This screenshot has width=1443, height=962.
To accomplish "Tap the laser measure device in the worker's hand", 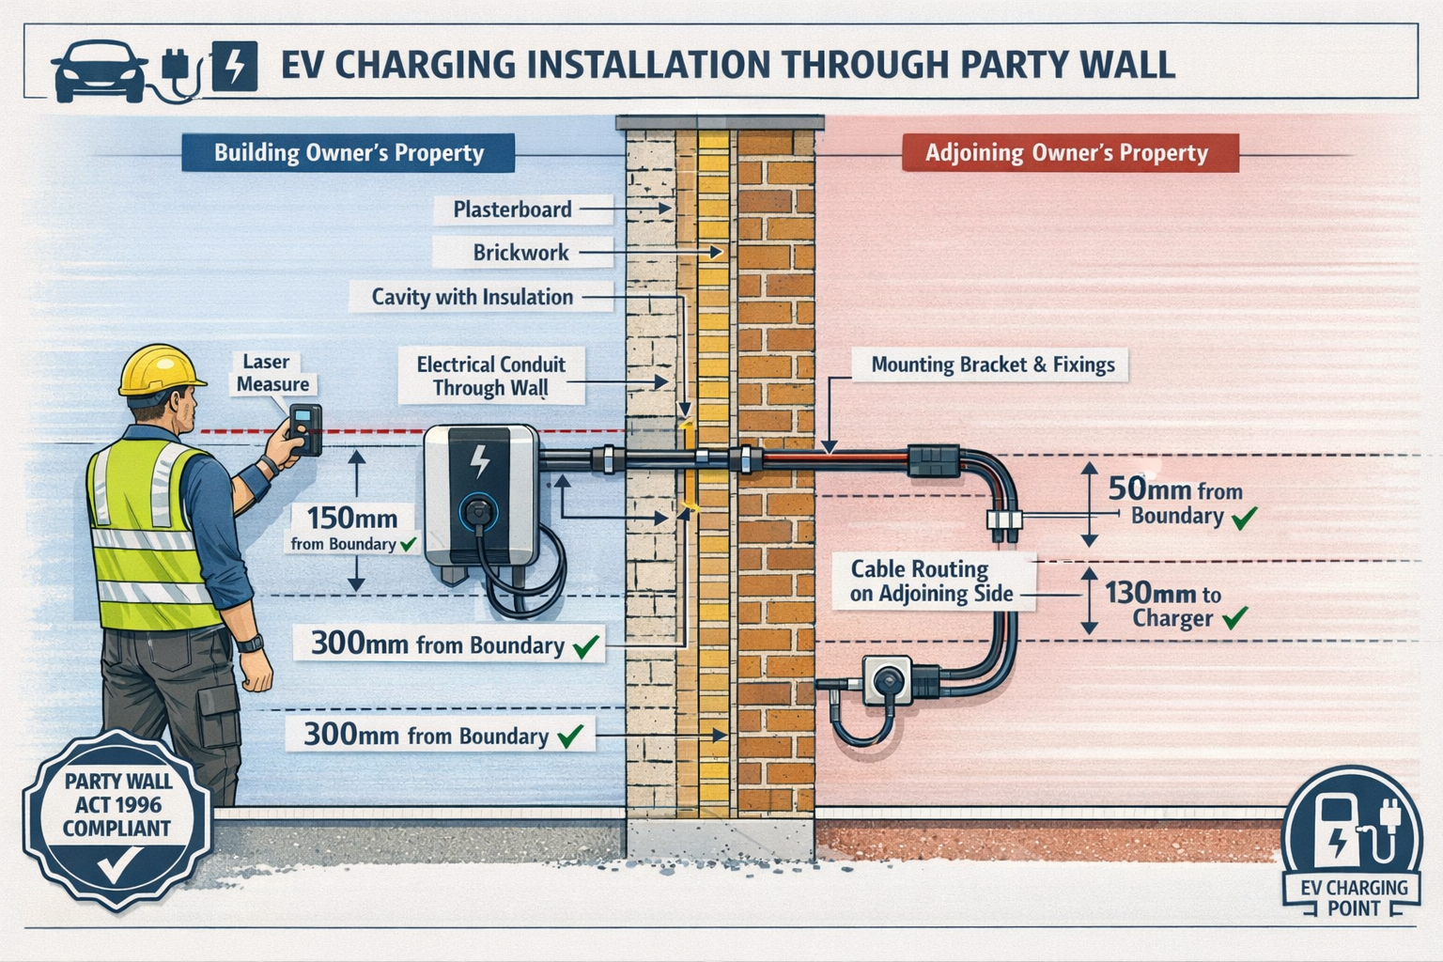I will (x=305, y=429).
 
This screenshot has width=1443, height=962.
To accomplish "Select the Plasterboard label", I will (x=512, y=209).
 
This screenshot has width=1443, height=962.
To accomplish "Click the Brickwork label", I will (x=520, y=253).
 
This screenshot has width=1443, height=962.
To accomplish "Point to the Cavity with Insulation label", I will (x=472, y=297).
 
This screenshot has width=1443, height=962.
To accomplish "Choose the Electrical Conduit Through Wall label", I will (x=490, y=376).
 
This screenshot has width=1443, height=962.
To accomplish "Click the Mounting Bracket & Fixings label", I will (x=992, y=365).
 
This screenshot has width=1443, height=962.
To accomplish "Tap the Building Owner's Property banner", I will (x=349, y=153).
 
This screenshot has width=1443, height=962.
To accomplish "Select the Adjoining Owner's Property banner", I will (x=1066, y=153).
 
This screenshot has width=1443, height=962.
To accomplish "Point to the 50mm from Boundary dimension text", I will (x=1176, y=502).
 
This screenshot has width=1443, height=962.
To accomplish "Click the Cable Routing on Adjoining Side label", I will (x=931, y=582).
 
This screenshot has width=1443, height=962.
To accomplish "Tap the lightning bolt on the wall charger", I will (x=479, y=460).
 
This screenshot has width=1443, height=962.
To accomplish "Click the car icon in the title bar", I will (x=99, y=70).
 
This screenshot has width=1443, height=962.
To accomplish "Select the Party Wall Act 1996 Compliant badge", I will (x=117, y=817).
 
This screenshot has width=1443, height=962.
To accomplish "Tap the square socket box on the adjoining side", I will (x=886, y=680).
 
